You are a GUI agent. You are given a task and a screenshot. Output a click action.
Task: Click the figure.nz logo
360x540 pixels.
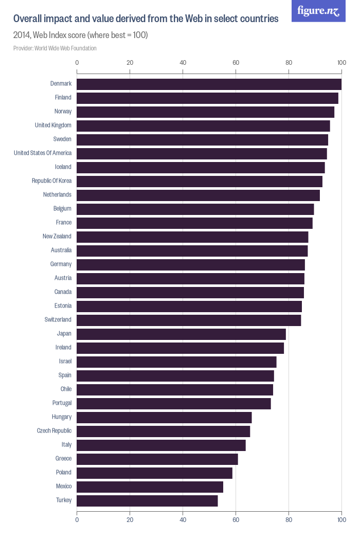318,11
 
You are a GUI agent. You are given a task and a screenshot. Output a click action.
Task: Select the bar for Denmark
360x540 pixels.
209,84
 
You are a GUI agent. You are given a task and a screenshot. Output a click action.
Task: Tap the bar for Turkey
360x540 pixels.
147,500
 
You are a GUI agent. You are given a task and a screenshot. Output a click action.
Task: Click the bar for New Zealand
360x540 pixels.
192,237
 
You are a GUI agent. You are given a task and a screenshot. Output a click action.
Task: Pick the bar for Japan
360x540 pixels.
181,334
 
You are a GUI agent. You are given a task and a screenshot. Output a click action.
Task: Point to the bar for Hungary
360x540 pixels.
164,417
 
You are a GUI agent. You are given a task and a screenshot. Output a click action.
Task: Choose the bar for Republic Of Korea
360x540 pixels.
200,181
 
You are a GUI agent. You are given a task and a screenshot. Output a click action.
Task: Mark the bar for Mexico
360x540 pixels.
150,487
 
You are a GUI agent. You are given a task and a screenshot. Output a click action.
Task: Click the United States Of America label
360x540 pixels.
43,153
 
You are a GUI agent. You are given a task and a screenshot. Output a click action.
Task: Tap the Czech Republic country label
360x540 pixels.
54,430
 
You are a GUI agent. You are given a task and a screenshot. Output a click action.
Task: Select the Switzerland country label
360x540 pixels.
58,319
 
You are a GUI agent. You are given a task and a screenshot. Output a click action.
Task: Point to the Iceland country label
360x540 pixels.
63,167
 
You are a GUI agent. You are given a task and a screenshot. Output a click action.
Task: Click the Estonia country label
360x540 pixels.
63,305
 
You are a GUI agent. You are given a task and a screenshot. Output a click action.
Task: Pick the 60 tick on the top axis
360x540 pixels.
236,63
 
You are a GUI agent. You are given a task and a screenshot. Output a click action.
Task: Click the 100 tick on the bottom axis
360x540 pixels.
341,520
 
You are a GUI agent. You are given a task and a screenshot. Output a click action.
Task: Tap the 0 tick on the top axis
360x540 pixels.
77,63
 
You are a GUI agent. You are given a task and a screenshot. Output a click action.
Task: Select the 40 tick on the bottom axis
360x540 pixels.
183,520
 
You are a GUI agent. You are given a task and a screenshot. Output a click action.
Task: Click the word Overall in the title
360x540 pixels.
29,19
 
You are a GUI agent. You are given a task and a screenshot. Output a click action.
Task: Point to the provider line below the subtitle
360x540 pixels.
55,48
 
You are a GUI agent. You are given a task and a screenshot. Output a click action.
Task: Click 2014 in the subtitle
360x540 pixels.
22,35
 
